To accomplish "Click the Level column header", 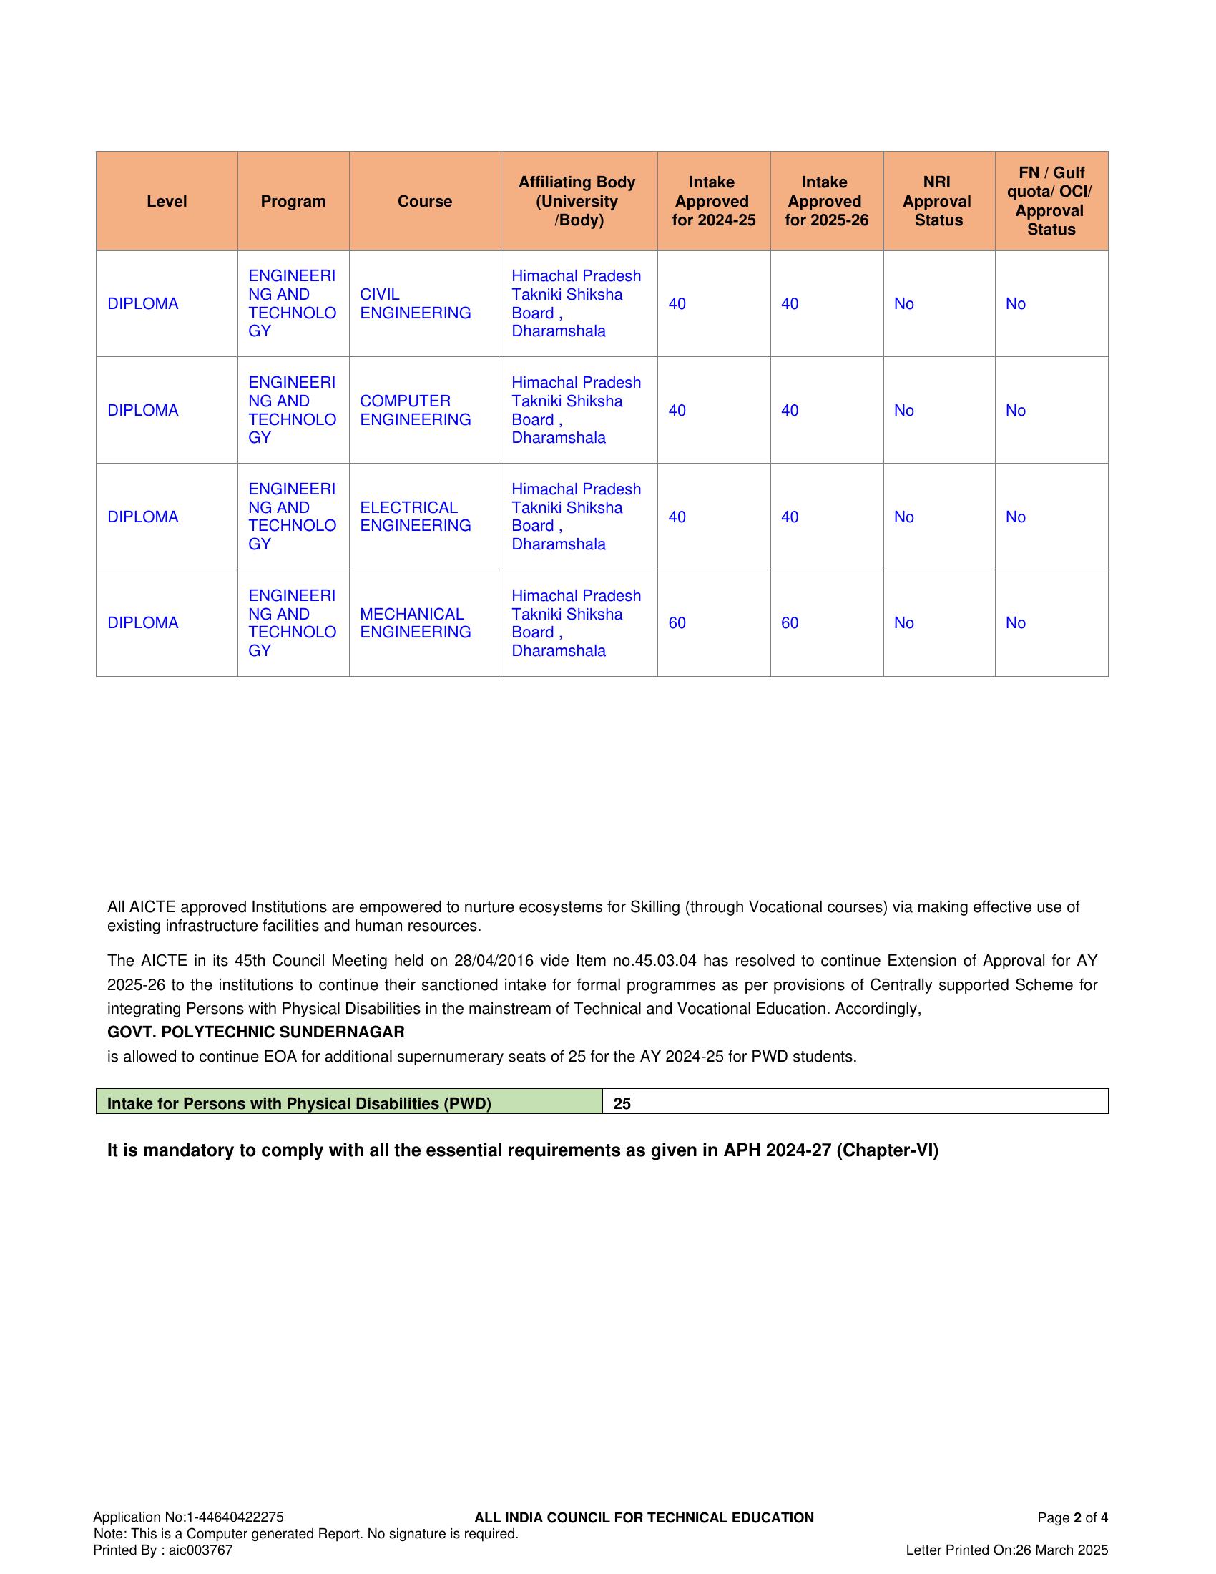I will (167, 202).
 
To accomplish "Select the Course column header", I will (424, 202).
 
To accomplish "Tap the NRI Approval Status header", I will (937, 202).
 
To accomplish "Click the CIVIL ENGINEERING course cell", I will (415, 303).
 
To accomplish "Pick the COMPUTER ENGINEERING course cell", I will (415, 410).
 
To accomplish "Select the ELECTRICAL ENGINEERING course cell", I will (415, 517).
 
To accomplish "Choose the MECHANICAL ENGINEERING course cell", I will (415, 622).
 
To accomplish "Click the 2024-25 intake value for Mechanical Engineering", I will (677, 622).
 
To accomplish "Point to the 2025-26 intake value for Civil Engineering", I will (790, 303).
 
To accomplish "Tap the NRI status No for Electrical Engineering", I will (903, 517).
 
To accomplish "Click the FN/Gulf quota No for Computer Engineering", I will (1015, 410).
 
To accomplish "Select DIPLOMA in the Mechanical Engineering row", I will (142, 622).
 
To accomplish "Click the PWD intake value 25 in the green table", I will (622, 1103).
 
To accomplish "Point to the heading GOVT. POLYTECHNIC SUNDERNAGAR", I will (256, 1032).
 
